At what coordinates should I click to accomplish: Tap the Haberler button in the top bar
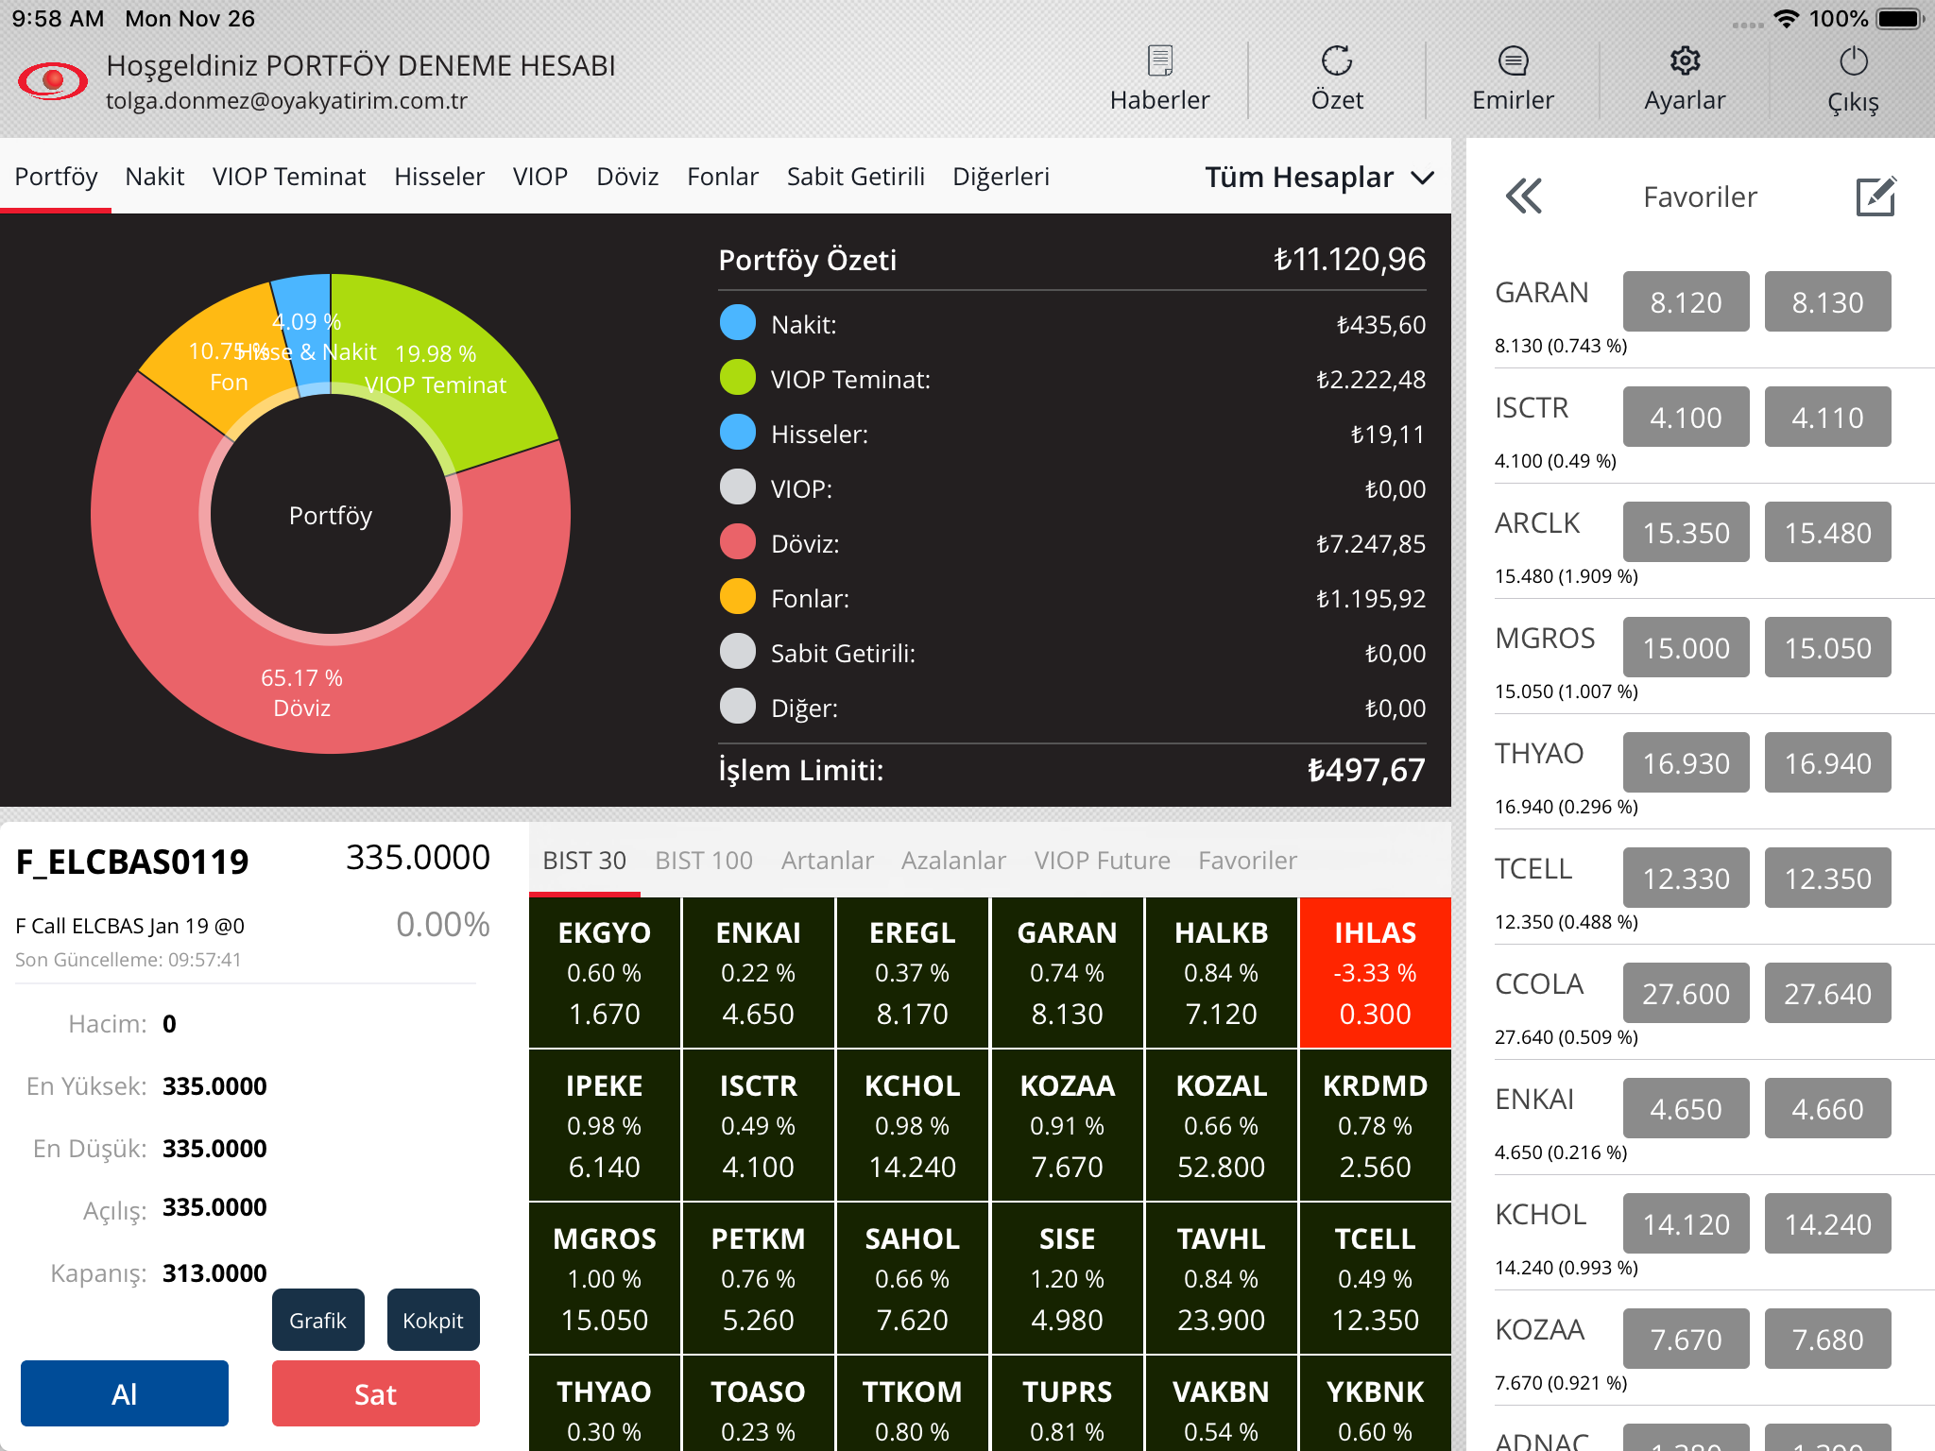1159,79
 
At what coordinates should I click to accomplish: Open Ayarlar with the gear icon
1685,79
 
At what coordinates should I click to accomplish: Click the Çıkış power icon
1853,79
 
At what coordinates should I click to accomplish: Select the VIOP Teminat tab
288,177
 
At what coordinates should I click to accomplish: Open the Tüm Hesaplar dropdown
1319,178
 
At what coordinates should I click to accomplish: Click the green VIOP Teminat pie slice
472,378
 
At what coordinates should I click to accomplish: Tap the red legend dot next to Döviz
738,543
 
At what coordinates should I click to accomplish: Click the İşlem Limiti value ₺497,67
1365,770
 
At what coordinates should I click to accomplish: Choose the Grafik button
318,1320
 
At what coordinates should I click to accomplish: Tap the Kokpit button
433,1320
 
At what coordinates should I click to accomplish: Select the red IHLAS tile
1375,973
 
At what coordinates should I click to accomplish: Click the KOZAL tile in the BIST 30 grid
1221,1126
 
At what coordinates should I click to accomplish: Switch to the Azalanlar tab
953,861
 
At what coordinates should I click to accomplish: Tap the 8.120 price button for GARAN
1686,302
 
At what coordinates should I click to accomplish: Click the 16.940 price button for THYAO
1827,763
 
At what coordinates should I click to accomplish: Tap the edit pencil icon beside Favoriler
1875,196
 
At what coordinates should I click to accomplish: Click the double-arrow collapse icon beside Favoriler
1524,196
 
